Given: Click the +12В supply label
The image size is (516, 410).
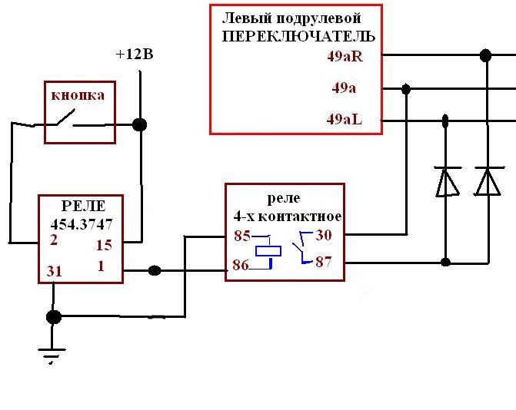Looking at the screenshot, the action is (135, 55).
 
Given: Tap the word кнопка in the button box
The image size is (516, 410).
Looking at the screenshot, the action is (78, 95).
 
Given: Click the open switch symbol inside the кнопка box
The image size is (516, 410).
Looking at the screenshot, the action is (65, 119).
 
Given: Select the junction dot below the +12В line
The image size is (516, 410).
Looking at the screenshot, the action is (139, 124).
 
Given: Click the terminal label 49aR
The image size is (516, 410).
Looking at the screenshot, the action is (345, 57).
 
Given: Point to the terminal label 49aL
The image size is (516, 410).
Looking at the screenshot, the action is (345, 119).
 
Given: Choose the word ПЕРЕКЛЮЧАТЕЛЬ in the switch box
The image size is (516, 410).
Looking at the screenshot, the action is (298, 36).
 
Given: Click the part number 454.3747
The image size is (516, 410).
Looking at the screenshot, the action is (82, 224).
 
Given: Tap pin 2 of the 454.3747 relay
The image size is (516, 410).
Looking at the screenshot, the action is (54, 240).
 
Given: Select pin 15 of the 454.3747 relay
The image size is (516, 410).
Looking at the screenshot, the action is (104, 245).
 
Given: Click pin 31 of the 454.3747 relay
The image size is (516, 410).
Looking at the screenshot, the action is (55, 271).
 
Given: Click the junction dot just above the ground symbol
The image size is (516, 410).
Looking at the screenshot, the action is (54, 317).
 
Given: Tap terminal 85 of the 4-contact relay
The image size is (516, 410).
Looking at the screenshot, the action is (242, 236).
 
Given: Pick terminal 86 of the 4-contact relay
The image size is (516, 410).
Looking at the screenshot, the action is (241, 265).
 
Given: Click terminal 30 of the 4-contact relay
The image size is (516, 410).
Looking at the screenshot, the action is (324, 235).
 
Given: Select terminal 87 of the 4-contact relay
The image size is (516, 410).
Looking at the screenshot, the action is (324, 262).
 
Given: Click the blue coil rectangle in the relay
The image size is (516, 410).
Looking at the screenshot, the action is (268, 251).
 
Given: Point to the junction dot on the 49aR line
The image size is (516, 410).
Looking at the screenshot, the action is (486, 55).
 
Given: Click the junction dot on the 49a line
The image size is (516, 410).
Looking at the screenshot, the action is (406, 89).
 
